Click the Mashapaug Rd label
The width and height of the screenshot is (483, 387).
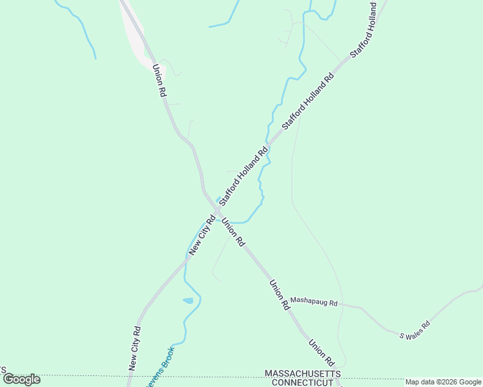[x=314, y=301]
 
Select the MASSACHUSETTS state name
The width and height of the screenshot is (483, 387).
[x=303, y=374]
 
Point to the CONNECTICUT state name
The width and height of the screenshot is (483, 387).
[x=302, y=382]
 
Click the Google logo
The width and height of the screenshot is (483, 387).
[x=21, y=379]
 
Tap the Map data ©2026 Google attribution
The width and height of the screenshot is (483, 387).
[x=443, y=382]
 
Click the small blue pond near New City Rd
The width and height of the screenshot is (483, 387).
[x=188, y=301]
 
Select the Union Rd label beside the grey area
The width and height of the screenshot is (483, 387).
[x=159, y=81]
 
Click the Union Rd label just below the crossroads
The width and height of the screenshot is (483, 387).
[x=233, y=232]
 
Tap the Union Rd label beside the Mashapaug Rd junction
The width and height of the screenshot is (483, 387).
[x=280, y=295]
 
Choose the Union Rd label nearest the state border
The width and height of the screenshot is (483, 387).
[x=320, y=353]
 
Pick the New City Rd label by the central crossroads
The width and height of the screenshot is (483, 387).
[x=202, y=235]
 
